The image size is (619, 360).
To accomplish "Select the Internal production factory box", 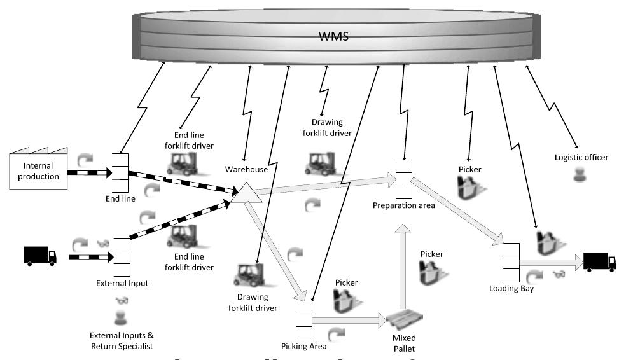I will tap(38, 170).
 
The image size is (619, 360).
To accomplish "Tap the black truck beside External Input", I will tap(40, 256).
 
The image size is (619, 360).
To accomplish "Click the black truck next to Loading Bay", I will tap(599, 261).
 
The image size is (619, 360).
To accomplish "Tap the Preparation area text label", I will tap(403, 205).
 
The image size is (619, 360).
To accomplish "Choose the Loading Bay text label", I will tap(511, 288).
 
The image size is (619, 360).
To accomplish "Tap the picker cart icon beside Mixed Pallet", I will tap(431, 272).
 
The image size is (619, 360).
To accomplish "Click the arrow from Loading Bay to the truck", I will tap(550, 261).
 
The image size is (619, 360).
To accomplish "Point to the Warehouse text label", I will tap(246, 170).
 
